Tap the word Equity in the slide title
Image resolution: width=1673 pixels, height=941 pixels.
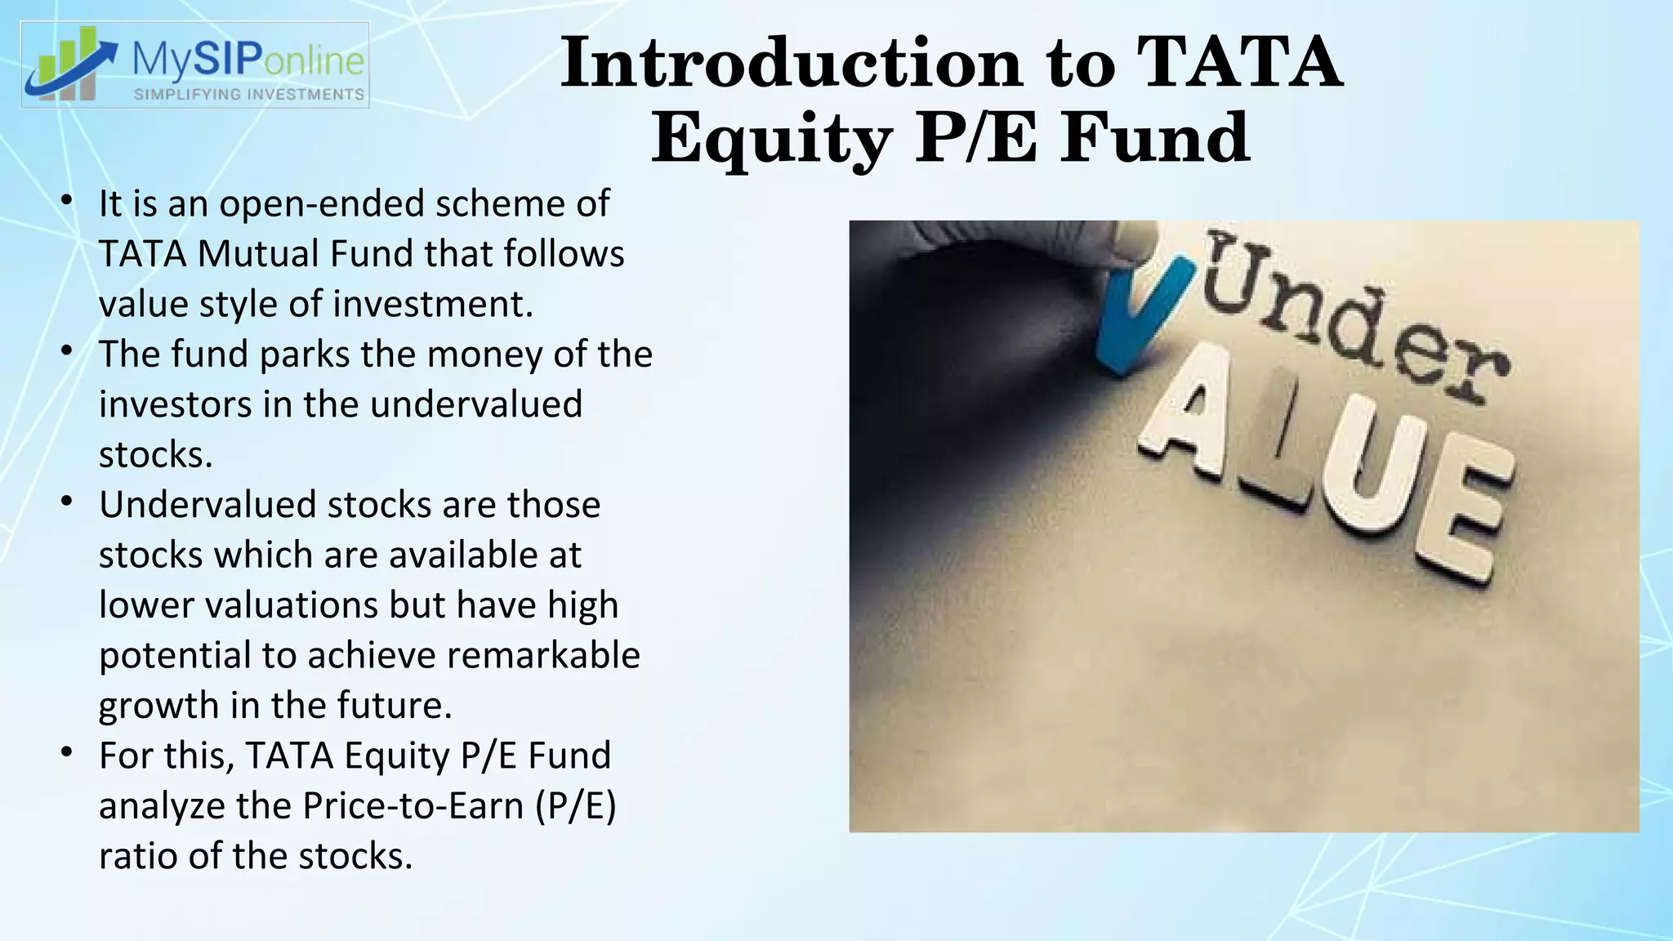(771, 139)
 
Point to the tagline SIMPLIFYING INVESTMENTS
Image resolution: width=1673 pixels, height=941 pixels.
(249, 95)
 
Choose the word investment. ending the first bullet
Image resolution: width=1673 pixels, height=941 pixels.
(432, 304)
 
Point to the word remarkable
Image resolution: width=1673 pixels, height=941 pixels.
(543, 655)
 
